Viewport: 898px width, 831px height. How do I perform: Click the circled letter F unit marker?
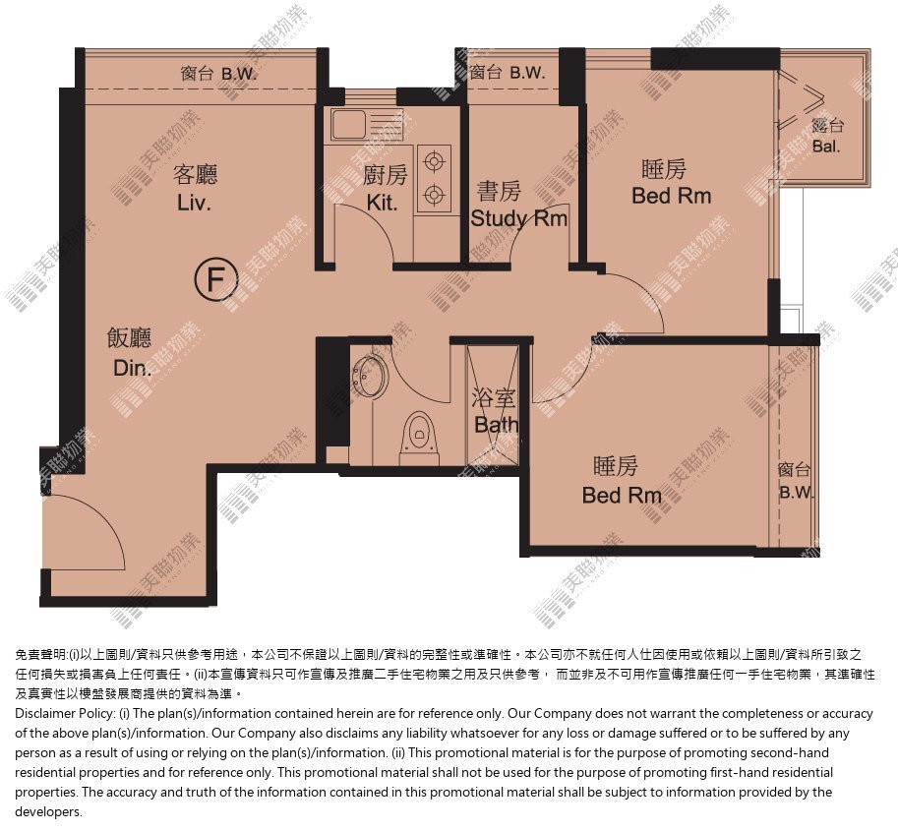(x=216, y=279)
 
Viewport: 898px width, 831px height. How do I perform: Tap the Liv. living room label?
(x=194, y=203)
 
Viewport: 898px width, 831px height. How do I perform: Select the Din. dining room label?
(x=133, y=368)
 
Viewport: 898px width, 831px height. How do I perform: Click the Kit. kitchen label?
(x=382, y=203)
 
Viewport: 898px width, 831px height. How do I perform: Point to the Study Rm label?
(x=519, y=218)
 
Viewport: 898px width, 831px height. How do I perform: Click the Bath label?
(x=497, y=425)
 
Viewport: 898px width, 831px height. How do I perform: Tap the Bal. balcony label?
(x=826, y=147)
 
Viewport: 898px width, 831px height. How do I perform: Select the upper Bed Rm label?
(x=671, y=196)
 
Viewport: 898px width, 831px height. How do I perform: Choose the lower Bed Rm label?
(x=622, y=496)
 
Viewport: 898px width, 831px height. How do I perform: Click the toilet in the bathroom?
(x=420, y=439)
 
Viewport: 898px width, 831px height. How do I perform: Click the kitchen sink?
(x=349, y=124)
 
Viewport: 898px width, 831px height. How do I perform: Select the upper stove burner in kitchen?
(x=434, y=161)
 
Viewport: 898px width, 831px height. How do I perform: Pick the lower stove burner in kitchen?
(x=434, y=196)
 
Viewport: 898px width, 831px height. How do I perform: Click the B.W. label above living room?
(x=239, y=75)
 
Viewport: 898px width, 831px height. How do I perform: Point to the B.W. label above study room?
(x=527, y=73)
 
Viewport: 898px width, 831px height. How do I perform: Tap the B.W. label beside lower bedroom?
(x=796, y=492)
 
